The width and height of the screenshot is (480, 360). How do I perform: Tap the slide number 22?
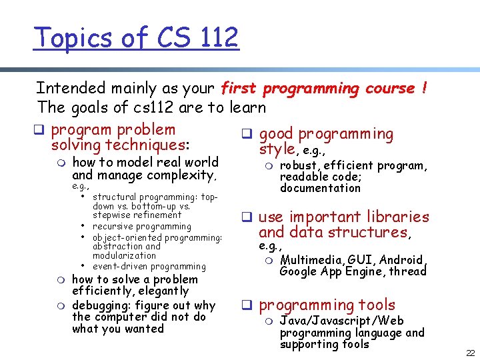pyautogui.click(x=470, y=352)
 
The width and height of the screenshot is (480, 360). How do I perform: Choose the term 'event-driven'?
pyautogui.click(x=123, y=267)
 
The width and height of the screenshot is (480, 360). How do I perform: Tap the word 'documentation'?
pyautogui.click(x=320, y=188)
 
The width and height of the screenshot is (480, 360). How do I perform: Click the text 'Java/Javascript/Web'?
pyautogui.click(x=342, y=321)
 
